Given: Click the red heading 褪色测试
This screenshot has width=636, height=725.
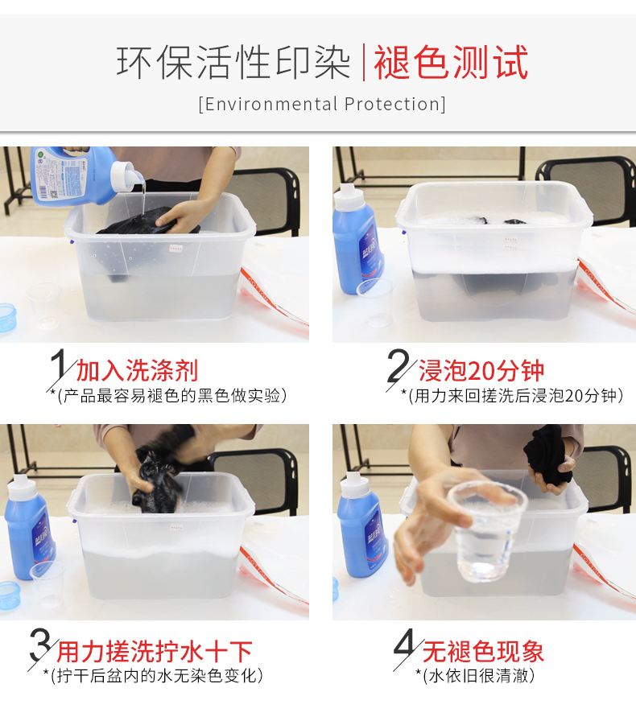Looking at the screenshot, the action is point(451,63).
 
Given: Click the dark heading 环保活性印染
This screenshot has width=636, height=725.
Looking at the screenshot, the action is point(233,63).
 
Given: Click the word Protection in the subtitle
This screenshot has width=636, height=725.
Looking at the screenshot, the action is point(392,104).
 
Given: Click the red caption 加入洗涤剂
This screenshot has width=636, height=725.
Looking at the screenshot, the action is point(137,371).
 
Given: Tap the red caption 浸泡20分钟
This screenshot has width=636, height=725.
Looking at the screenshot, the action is point(481,371).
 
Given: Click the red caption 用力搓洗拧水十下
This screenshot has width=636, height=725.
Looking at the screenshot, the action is point(154,651).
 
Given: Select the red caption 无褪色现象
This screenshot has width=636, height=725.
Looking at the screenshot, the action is point(483,651).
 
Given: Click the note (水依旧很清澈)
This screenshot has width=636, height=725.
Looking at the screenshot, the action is point(479,676).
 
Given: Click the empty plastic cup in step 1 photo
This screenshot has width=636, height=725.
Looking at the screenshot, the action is point(45,305).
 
